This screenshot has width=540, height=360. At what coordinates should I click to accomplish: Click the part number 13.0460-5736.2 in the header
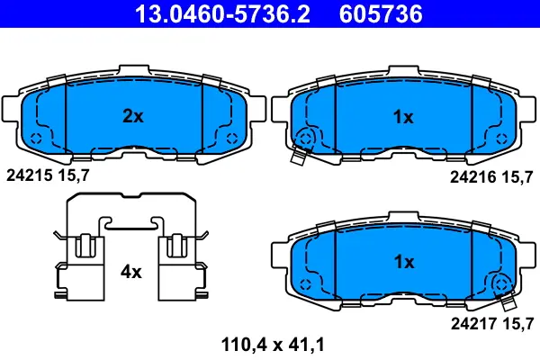(x=222, y=13)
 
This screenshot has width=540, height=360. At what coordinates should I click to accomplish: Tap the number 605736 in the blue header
(x=381, y=13)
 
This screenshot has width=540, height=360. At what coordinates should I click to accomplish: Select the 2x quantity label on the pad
(x=133, y=116)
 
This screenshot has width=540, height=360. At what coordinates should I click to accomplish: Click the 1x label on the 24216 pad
(x=403, y=117)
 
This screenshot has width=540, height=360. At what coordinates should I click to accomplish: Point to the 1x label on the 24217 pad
(x=404, y=262)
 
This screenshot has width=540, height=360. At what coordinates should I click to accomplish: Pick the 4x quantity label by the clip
(x=130, y=272)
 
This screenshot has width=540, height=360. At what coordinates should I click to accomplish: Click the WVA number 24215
(x=30, y=175)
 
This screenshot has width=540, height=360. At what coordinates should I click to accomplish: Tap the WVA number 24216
(x=473, y=177)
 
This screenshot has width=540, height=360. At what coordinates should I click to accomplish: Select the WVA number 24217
(x=474, y=323)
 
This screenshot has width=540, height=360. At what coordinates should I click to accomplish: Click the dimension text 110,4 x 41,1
(x=273, y=345)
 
